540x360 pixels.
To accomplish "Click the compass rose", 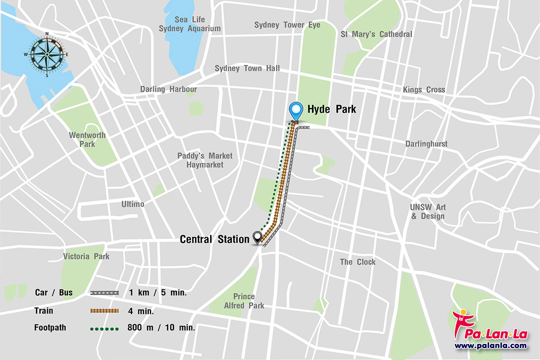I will tap(47, 54).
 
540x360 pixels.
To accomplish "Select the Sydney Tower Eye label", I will tap(287, 25).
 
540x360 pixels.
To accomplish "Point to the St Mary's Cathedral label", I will tap(376, 34).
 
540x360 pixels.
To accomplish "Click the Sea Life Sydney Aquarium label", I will tap(189, 24).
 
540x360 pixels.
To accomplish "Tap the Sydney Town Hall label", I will tap(247, 68).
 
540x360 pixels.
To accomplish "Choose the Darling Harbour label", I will tap(168, 89).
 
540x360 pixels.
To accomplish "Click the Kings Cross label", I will tap(423, 90).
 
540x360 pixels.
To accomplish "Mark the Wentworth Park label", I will tap(87, 139).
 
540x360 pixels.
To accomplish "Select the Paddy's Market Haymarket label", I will tap(205, 160).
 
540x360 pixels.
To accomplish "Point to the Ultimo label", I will tap(132, 204).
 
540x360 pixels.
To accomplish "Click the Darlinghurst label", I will tap(426, 144).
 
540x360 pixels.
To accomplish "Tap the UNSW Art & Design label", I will tap(427, 211).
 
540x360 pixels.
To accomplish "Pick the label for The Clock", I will tap(357, 262).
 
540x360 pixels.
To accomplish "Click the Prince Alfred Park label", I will tap(244, 301).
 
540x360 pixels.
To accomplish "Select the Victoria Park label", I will tap(86, 256).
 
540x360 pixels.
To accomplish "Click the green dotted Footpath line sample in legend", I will tap(104, 328).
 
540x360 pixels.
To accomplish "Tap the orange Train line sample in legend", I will tap(104, 311).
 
